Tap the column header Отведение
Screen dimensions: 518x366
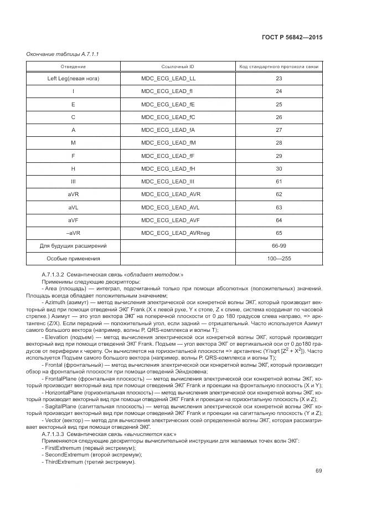click(73, 66)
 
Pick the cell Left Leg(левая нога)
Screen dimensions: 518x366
click(73, 79)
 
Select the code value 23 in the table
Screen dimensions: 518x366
click(279, 79)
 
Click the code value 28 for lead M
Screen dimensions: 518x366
click(279, 143)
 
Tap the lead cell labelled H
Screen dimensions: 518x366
click(73, 168)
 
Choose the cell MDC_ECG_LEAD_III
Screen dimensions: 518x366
click(167, 181)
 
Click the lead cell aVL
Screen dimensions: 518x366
click(73, 207)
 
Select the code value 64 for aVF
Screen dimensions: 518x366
click(279, 220)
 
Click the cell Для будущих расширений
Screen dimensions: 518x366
click(73, 245)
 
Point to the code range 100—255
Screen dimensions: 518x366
click(279, 258)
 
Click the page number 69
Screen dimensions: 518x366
click(319, 471)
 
